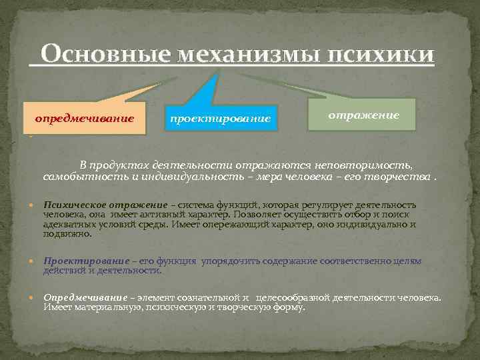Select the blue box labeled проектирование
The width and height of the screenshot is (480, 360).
(x=221, y=119)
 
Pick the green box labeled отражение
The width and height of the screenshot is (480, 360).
(x=363, y=115)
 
